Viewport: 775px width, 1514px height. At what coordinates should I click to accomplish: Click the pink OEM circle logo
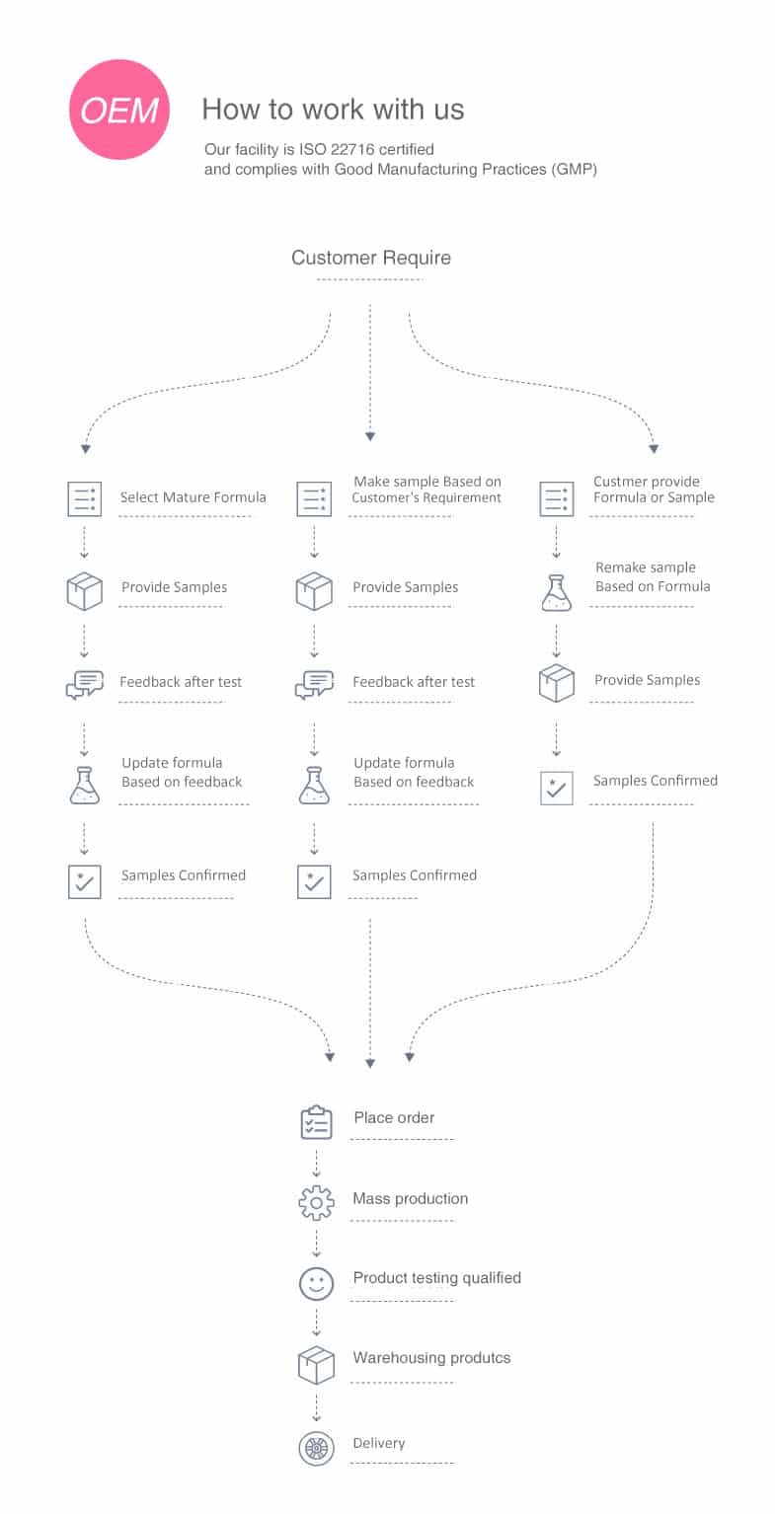119,110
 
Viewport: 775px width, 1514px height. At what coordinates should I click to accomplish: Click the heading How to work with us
333,110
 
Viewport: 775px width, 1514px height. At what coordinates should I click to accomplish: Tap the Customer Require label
370,258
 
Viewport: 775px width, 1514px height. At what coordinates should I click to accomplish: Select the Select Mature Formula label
193,497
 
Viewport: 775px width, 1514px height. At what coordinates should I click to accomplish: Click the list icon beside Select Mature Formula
85,498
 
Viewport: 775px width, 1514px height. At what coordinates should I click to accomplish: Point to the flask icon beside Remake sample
557,593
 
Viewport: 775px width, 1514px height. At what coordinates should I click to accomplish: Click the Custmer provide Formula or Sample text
654,490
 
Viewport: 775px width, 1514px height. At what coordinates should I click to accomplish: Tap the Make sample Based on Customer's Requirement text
426,490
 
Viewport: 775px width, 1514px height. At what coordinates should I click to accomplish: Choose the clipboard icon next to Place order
316,1122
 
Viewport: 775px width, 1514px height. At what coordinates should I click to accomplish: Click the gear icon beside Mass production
316,1203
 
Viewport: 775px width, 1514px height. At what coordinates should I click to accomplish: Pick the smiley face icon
316,1283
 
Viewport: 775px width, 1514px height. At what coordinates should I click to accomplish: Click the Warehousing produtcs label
431,1357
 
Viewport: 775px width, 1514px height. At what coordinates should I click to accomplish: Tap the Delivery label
379,1443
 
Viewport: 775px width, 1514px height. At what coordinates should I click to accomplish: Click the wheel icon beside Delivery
316,1449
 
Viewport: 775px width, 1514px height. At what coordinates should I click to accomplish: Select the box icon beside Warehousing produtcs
316,1365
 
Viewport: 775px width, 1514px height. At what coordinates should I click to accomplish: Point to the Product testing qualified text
437,1277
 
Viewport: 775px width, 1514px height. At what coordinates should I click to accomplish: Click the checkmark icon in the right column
557,789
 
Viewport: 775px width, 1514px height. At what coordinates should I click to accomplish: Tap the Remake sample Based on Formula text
653,576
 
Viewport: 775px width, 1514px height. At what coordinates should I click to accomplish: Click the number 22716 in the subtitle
352,149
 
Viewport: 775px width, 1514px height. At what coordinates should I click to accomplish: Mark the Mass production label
411,1198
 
